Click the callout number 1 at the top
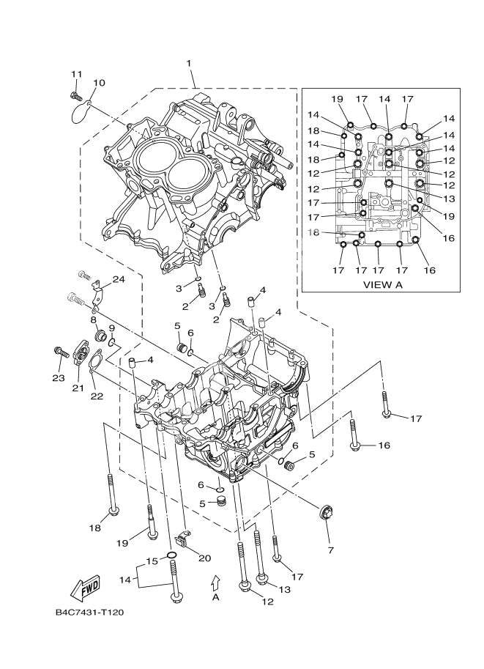point(190,64)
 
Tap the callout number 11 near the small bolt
point(76,73)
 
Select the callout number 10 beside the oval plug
point(99,83)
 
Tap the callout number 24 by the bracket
point(119,279)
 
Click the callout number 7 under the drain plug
point(330,549)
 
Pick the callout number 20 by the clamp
point(205,556)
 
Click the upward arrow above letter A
point(215,582)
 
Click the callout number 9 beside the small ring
point(112,328)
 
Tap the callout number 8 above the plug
point(94,320)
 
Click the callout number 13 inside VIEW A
point(450,198)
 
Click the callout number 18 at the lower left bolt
point(94,528)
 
